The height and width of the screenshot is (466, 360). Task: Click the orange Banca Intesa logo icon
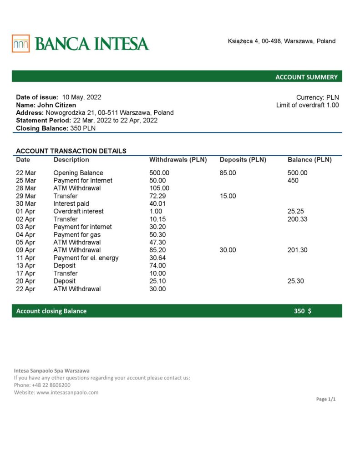click(x=21, y=44)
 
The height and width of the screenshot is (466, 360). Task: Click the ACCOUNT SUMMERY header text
click(x=306, y=77)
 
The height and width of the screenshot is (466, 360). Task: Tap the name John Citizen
click(x=56, y=105)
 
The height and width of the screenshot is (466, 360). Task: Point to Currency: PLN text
click(x=317, y=97)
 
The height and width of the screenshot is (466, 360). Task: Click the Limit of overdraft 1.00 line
click(x=307, y=105)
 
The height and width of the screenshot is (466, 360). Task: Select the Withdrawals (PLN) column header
click(x=178, y=160)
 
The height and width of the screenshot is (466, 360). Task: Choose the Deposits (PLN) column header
click(x=243, y=160)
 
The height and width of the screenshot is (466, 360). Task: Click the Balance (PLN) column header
click(x=309, y=160)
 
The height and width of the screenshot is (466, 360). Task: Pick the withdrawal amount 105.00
click(x=159, y=188)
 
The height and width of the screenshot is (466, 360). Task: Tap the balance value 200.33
click(x=298, y=219)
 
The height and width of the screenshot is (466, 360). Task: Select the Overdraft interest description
click(x=78, y=211)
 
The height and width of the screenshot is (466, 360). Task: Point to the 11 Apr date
click(x=25, y=258)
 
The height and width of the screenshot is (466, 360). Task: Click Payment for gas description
click(x=77, y=234)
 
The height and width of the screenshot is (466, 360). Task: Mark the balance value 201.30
click(x=298, y=250)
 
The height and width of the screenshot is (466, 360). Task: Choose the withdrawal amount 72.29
click(x=158, y=196)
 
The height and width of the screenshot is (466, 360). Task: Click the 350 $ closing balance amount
click(x=303, y=311)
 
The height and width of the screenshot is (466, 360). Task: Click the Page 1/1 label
click(x=326, y=399)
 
